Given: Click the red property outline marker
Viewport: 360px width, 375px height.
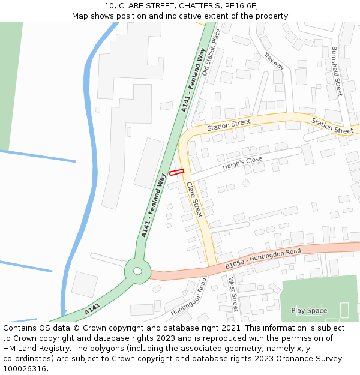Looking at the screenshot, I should [176, 172].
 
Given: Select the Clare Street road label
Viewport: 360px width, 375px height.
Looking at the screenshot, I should [194, 200].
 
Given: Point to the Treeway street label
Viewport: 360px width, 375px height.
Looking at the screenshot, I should [274, 61].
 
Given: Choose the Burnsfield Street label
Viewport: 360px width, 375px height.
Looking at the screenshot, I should [337, 71].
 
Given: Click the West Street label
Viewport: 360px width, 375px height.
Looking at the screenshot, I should [233, 294].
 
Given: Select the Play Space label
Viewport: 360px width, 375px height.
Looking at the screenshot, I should [309, 310].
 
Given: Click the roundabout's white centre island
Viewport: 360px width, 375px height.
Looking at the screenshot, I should [137, 271].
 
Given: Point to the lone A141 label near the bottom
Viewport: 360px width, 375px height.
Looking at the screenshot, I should [92, 310].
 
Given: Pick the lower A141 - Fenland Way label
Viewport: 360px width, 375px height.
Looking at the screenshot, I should [153, 205].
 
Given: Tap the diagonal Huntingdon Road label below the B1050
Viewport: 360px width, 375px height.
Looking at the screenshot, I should [188, 298].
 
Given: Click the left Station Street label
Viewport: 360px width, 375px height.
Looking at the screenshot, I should [229, 125].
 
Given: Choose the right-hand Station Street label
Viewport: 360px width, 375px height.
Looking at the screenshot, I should [332, 126].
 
